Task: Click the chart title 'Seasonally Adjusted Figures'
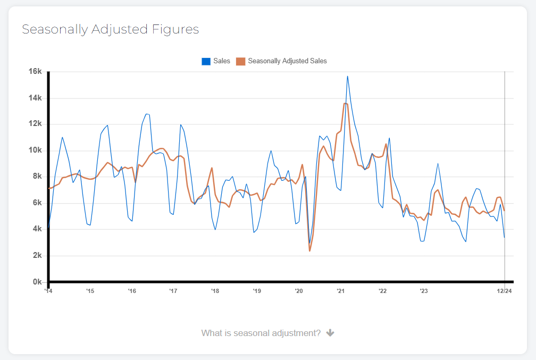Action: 110,29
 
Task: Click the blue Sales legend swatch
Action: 206,61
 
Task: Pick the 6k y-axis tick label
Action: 37,203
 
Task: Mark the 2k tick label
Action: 37,256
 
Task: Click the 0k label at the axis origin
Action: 37,282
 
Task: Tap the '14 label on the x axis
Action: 48,291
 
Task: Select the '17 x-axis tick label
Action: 173,291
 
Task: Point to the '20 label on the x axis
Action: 298,291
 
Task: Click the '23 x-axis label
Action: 423,291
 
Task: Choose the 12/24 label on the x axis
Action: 504,291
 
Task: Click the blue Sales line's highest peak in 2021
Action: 347,76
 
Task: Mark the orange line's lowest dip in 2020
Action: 309,250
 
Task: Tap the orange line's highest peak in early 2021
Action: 345,103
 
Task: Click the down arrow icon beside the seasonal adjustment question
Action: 330,333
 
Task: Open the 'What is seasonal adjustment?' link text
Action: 261,333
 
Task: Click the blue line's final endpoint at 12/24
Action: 504,237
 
